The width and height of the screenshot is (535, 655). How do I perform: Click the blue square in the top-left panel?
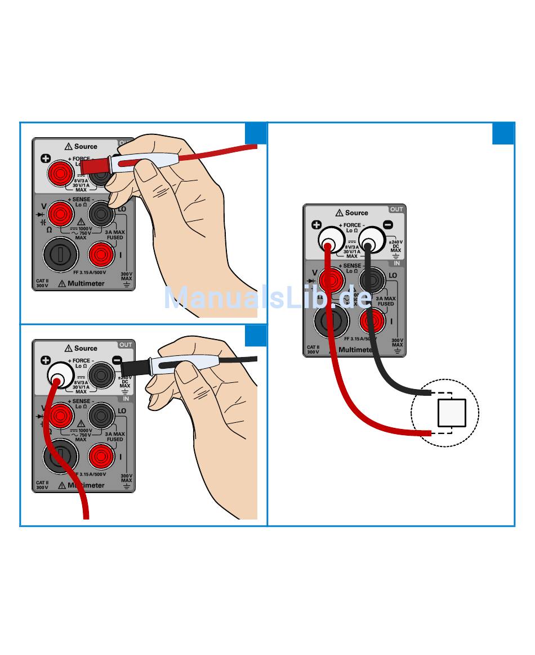pos(256,133)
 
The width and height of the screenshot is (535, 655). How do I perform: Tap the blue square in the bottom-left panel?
pos(256,335)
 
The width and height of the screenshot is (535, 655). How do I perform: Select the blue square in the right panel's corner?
pos(503,133)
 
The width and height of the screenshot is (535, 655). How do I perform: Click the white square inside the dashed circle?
pos(452,412)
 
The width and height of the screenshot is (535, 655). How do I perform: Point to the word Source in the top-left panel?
pos(86,146)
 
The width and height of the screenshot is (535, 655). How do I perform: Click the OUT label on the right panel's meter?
pos(396,209)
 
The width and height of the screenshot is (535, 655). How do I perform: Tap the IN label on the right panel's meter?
pos(396,263)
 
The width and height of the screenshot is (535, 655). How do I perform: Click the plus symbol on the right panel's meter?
pos(316,225)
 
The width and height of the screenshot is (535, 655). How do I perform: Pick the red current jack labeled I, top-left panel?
pos(101,255)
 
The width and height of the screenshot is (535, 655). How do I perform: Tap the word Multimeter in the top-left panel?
pos(86,283)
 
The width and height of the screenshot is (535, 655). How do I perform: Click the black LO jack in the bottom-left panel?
pos(101,416)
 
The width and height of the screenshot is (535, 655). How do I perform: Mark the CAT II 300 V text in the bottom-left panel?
pos(42,485)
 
